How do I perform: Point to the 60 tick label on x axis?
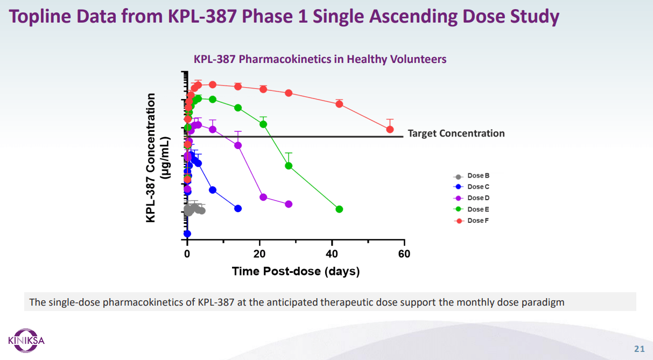coord(404,254)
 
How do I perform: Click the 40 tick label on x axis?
coord(332,254)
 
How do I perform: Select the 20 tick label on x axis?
coord(259,254)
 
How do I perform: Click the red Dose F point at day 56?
coord(390,129)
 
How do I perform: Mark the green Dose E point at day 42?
coord(339,209)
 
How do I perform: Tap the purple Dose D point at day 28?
coord(289,204)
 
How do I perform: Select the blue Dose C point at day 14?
coord(238,208)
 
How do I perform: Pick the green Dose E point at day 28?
coord(289,166)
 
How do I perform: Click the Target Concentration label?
coord(456,133)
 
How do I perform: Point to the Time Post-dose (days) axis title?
coord(296,271)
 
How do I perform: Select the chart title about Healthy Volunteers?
coord(320,59)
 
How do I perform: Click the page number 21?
coord(640,348)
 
